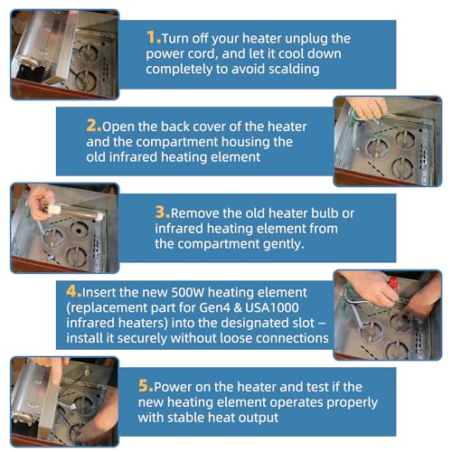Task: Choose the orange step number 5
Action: click(x=146, y=386)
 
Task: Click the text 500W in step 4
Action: click(x=188, y=292)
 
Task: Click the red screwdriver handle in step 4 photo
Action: click(x=393, y=284)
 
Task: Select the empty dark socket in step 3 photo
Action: click(x=80, y=230)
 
